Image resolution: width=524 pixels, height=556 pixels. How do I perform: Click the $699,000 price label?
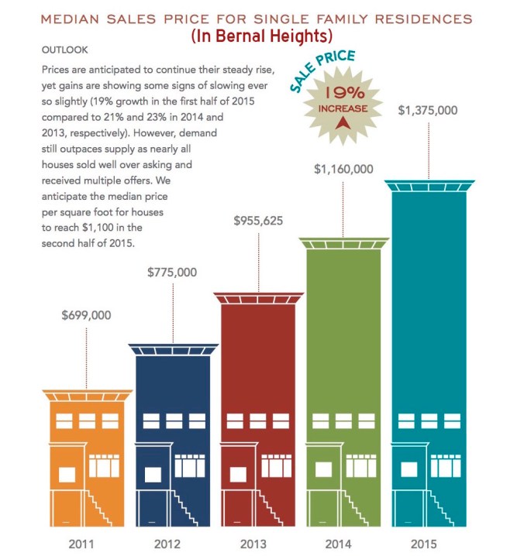pyautogui.click(x=86, y=315)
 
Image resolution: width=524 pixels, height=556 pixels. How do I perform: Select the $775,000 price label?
pyautogui.click(x=171, y=272)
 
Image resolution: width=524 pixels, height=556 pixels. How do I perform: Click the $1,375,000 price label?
pyautogui.click(x=428, y=111)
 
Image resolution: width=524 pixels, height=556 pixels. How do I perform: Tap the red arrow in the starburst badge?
pyautogui.click(x=340, y=122)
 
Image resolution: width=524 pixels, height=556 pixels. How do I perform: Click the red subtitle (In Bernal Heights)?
pyautogui.click(x=261, y=36)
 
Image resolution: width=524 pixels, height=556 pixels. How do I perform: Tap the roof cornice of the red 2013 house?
pyautogui.click(x=257, y=298)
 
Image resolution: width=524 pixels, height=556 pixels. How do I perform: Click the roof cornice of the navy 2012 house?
pyautogui.click(x=171, y=349)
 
